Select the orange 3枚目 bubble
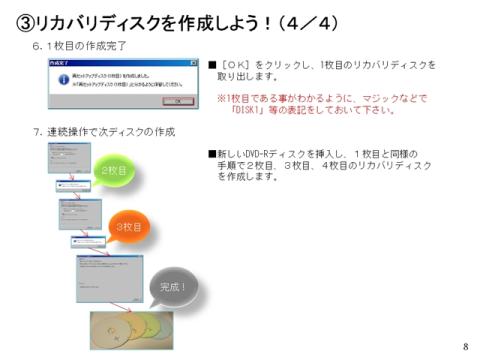(x=130, y=227)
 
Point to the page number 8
(x=465, y=346)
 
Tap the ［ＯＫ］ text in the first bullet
(x=237, y=64)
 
